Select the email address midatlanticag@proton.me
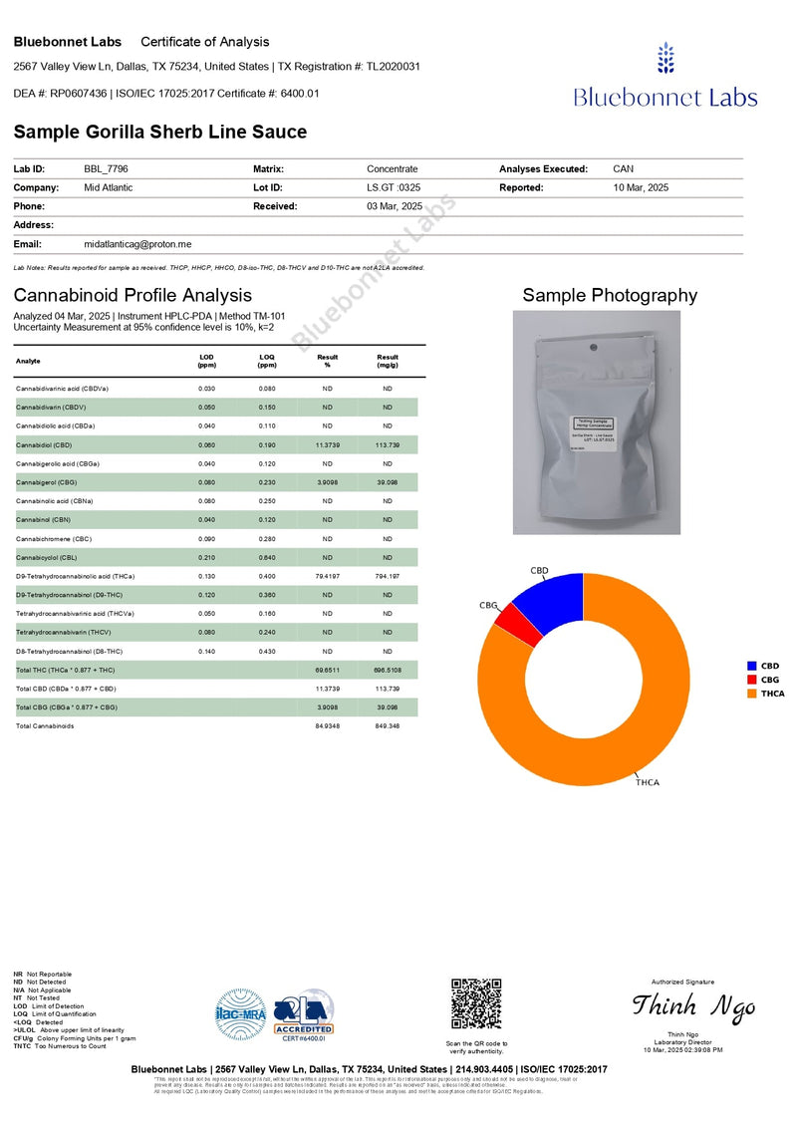point(138,244)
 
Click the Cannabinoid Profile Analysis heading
point(133,295)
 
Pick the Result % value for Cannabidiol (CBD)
point(327,445)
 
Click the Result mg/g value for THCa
point(388,576)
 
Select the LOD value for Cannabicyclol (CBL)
point(207,557)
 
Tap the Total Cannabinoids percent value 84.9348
point(327,725)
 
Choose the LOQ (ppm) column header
point(267,361)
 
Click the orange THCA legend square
point(752,694)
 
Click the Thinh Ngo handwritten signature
point(693,1006)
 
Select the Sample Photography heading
point(610,295)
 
